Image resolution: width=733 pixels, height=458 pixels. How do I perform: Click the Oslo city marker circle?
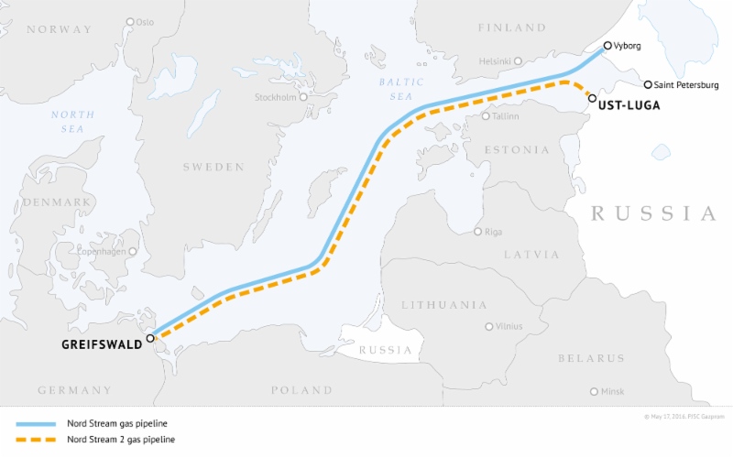point(130,21)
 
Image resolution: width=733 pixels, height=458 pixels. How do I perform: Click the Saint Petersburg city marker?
point(648,84)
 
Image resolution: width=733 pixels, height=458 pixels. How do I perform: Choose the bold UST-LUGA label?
point(629,107)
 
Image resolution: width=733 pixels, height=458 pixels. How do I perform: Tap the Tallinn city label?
point(507,117)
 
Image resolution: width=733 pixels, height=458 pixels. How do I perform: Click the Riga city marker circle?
point(477,231)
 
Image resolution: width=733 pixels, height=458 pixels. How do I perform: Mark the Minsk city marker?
point(595,391)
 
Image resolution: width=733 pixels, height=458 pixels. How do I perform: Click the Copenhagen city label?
point(104,251)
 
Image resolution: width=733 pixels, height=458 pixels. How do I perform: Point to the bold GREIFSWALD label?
point(102,344)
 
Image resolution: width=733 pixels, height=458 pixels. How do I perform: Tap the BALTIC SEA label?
point(401,88)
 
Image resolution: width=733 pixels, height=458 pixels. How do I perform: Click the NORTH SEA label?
point(72,121)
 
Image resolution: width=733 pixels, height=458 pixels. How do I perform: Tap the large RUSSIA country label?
point(653,213)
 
